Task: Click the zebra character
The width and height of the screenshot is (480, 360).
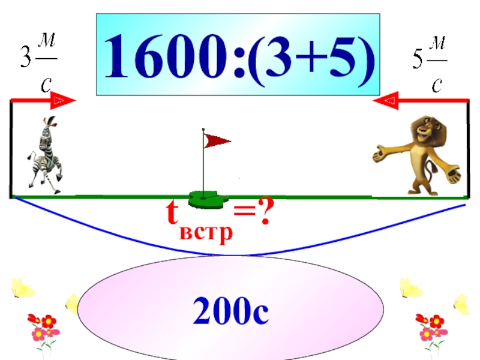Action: coord(44,154)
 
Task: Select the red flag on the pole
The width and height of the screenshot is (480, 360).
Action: coord(217,141)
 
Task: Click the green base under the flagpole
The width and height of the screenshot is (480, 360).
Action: coord(206,198)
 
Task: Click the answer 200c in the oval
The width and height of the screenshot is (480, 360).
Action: coord(230,313)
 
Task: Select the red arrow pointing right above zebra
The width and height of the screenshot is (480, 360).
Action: coord(45,100)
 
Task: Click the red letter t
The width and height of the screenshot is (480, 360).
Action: coord(173,212)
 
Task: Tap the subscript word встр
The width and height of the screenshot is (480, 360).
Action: coord(207,231)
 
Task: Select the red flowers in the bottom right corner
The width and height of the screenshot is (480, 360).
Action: coord(431,328)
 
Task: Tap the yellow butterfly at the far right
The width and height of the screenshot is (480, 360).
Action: coord(461,304)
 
